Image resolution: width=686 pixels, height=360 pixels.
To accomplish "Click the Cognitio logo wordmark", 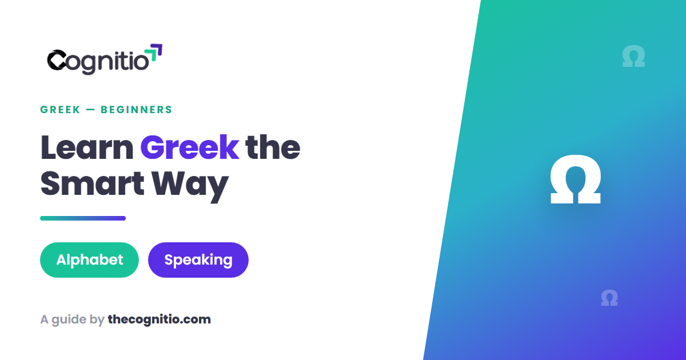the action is (x=105, y=59).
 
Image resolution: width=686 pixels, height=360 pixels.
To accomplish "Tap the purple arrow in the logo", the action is (x=157, y=49).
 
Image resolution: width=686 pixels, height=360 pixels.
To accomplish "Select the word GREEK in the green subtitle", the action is (x=60, y=110).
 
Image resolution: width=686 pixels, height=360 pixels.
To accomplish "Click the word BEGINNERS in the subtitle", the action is (x=136, y=110).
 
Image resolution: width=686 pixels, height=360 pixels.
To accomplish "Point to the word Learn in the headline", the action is (x=87, y=147).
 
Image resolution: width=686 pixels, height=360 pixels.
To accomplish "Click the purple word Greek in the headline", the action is (x=190, y=147).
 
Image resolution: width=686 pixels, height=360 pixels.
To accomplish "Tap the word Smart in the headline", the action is (x=92, y=183).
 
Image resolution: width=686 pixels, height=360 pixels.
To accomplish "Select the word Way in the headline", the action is (x=190, y=186).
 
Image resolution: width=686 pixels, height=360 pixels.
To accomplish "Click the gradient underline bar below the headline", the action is (x=83, y=218).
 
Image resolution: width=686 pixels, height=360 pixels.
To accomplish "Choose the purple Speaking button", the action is (x=198, y=260).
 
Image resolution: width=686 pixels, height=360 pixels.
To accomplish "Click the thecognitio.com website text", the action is (x=159, y=319).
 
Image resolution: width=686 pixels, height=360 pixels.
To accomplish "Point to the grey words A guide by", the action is (x=72, y=320).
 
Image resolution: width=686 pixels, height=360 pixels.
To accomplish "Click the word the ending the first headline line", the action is (x=273, y=147).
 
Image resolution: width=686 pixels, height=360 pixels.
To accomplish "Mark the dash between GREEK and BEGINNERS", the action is (x=90, y=110).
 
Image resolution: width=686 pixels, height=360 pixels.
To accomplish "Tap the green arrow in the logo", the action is (x=151, y=54).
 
